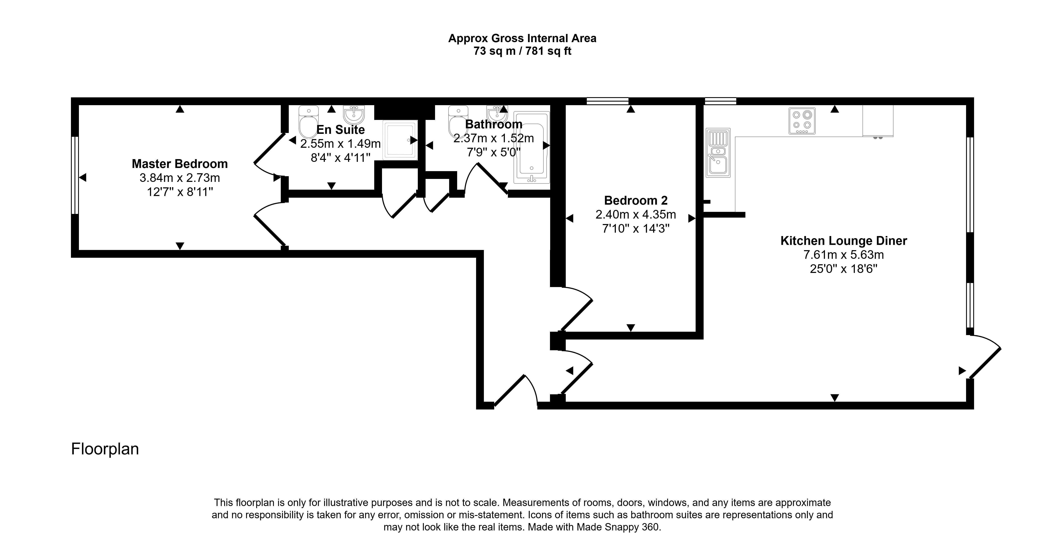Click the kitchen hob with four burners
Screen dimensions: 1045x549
pyautogui.click(x=802, y=121)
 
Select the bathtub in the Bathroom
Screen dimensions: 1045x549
pyautogui.click(x=531, y=147)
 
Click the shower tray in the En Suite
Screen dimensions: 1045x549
pyautogui.click(x=400, y=139)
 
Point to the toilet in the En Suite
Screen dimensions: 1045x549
pyautogui.click(x=308, y=122)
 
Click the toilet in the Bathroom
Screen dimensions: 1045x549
pyautogui.click(x=458, y=122)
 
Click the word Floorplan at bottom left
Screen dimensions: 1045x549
pyautogui.click(x=105, y=449)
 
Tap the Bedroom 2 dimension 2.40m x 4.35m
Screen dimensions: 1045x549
pyautogui.click(x=636, y=214)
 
